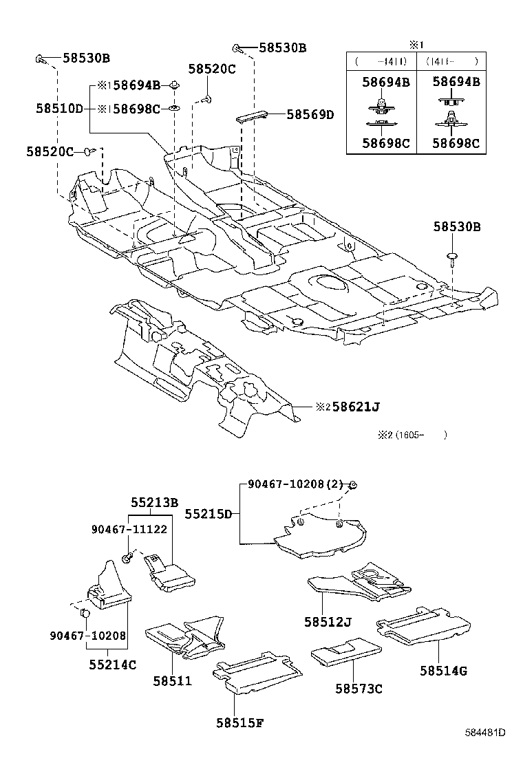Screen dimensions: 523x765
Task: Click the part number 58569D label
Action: pos(310,114)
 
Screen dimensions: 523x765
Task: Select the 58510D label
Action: pos(59,108)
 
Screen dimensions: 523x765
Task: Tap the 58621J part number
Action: pos(356,407)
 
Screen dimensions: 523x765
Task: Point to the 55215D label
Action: pos(209,514)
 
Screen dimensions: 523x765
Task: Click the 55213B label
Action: pos(154,502)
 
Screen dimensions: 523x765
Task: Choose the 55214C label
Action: pos(113,664)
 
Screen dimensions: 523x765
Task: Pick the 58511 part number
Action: pos(172,680)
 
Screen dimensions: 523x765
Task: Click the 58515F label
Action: pos(240,722)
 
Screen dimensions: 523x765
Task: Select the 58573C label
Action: pos(359,689)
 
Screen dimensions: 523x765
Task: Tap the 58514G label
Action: pos(443,671)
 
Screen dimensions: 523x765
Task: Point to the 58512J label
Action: pos(328,622)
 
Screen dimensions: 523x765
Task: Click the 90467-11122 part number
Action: pos(129,529)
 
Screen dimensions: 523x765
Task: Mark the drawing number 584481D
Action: pos(484,732)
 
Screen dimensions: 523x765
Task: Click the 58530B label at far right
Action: pos(457,226)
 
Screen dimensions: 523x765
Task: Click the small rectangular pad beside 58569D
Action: pos(252,117)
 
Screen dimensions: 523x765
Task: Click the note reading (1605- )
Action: pos(412,435)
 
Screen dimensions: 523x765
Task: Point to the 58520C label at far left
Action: pos(50,152)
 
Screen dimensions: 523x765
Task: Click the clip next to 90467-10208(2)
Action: pos(354,485)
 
